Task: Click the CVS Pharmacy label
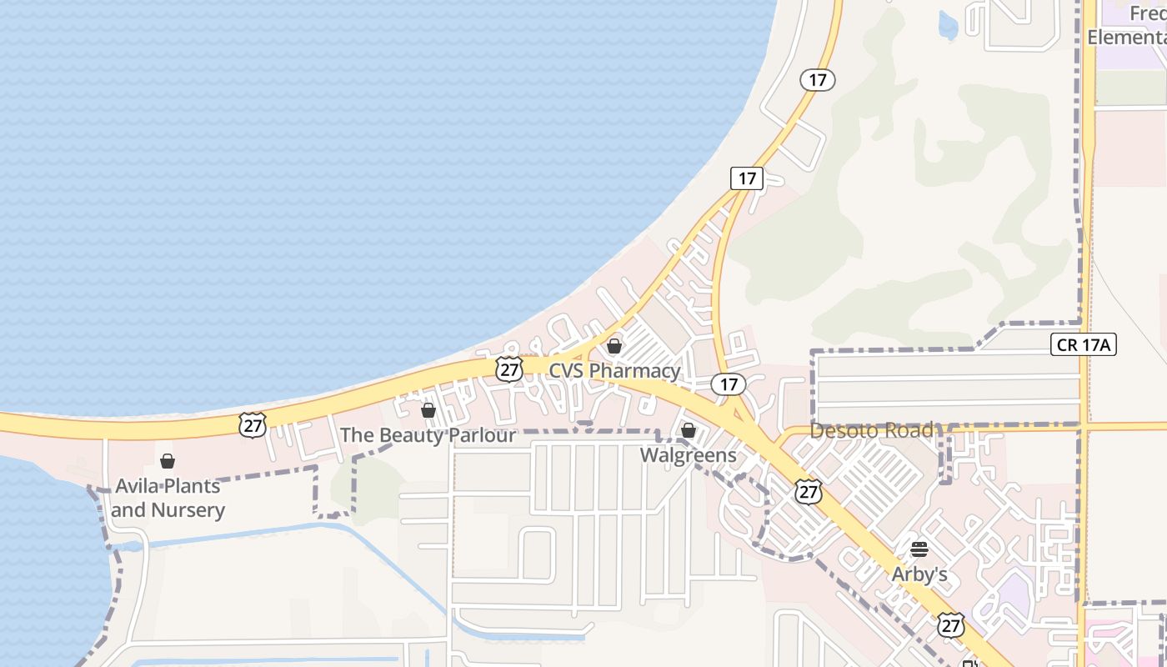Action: (614, 370)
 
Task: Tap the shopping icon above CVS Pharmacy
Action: (614, 346)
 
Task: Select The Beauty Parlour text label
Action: (428, 435)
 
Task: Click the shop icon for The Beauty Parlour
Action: (428, 410)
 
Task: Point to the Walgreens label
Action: (689, 455)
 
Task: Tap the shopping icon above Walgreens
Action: (689, 430)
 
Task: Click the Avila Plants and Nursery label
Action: (168, 498)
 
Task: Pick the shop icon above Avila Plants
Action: (168, 461)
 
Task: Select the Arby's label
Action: (919, 574)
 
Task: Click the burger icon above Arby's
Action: (919, 549)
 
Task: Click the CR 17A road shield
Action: (1084, 344)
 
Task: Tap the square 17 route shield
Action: (747, 178)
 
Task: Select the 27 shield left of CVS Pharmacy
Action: (508, 369)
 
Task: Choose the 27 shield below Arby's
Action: (950, 624)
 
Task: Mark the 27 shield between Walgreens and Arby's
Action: (808, 491)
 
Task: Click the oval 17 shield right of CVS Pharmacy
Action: (729, 384)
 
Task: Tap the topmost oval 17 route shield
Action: (818, 80)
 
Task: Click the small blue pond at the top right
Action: (948, 26)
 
